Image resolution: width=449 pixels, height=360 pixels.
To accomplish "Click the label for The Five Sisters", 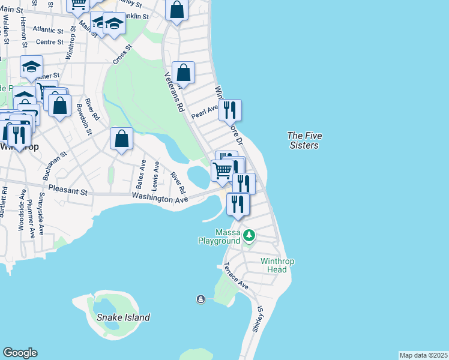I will [303, 140].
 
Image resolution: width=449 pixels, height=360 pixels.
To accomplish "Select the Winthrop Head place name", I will [273, 265].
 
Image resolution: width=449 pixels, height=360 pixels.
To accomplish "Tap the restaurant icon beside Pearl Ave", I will [230, 110].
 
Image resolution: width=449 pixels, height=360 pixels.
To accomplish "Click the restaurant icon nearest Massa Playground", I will [238, 204].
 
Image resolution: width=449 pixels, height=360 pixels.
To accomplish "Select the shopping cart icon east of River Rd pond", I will [222, 170].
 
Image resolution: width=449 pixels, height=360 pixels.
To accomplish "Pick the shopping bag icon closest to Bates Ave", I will [122, 139].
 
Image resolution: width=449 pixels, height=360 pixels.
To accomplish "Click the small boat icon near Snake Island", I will [200, 299].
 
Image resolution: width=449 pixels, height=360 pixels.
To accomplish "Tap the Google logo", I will [20, 353].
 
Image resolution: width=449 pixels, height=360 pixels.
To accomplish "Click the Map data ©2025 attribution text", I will [423, 355].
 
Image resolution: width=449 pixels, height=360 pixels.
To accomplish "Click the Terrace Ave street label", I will [236, 276].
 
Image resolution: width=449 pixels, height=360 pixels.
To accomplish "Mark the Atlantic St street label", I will [48, 29].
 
